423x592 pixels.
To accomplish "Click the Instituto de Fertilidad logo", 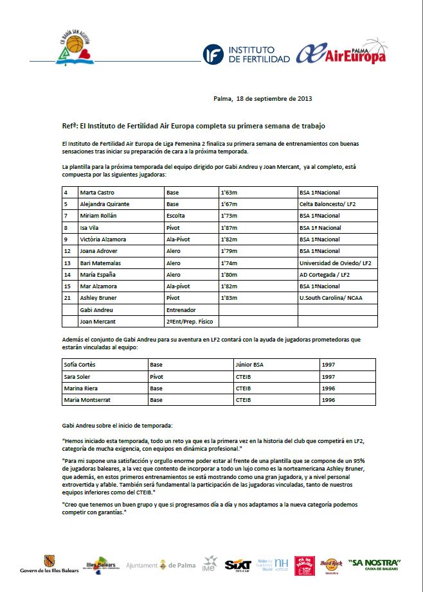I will (239, 55).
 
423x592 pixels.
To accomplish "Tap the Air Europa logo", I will (341, 53).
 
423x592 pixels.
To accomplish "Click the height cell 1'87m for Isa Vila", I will (230, 227).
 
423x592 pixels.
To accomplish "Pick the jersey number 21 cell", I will (67, 298).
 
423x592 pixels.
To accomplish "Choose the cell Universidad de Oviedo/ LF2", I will (335, 263).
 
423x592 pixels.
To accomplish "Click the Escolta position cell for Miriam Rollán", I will (178, 216).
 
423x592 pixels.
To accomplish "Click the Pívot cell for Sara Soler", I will (157, 376).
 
